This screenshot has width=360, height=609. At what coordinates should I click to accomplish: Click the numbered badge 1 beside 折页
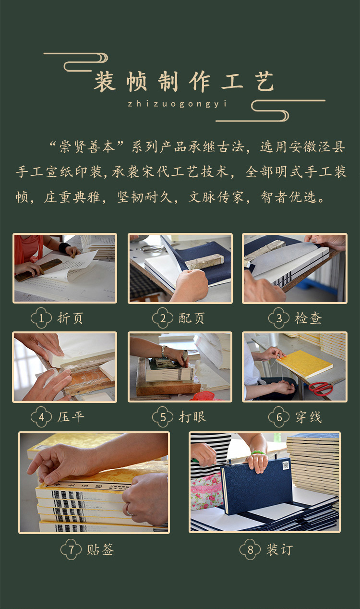pos(41,318)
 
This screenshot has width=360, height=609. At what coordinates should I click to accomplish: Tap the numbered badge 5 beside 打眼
pos(162,417)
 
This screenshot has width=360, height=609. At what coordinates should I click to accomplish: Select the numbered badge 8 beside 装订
pos(250,549)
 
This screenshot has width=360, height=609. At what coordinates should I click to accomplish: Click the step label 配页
pos(192,318)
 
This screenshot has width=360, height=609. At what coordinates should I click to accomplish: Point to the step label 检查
pos(308,318)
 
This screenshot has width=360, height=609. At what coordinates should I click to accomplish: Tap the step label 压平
pos(71,417)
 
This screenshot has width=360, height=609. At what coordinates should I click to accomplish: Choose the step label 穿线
pos(308,417)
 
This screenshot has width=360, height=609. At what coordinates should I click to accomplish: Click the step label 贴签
pos(100,550)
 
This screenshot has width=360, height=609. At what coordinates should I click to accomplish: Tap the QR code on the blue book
pos(286,465)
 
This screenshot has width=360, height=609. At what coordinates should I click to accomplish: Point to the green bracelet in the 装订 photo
pos(258,453)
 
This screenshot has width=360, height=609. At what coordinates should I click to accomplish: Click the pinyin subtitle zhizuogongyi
pos(177,104)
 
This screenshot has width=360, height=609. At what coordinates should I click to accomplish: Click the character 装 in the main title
pos(105,81)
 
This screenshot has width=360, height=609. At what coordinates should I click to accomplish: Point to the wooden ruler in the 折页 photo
pos(38,269)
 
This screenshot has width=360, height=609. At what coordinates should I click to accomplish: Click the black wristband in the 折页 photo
pos(64,247)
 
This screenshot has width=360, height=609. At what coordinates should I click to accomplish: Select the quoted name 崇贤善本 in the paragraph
pos(87,147)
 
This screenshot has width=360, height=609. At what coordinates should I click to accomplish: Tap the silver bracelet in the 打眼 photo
pos(164,352)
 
